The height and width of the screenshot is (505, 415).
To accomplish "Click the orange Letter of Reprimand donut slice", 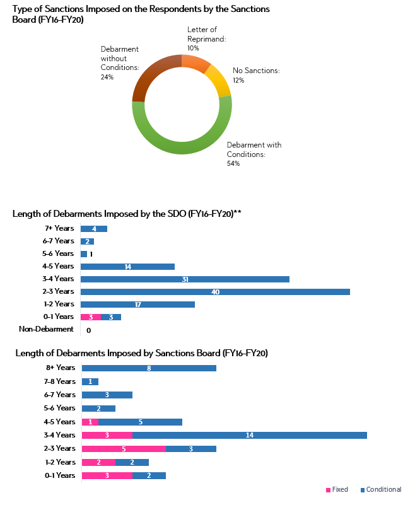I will (196, 64).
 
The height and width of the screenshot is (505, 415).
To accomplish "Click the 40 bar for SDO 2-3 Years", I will (215, 292).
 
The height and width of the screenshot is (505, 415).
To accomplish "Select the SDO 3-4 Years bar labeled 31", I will (185, 279).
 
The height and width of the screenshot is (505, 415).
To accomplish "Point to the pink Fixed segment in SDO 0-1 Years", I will (90, 317).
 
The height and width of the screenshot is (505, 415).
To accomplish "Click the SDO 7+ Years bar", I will (93, 229).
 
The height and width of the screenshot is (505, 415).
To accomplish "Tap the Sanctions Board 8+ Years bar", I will (149, 368).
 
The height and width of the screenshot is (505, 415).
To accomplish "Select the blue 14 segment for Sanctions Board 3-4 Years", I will (249, 435).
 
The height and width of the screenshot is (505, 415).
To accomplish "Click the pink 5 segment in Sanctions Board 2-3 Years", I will (124, 449).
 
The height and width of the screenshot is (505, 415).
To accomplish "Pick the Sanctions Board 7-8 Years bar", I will (90, 381).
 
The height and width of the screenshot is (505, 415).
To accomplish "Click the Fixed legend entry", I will (337, 490).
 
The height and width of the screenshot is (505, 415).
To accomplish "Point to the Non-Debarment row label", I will (46, 329).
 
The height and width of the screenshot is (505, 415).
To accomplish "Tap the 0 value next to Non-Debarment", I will (88, 330).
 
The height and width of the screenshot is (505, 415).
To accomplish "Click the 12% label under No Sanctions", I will (239, 80).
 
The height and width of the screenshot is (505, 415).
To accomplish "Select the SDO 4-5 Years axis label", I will (58, 266).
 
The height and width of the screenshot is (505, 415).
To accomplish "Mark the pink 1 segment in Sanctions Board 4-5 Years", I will (90, 422).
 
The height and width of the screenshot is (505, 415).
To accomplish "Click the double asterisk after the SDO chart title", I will (238, 213).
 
